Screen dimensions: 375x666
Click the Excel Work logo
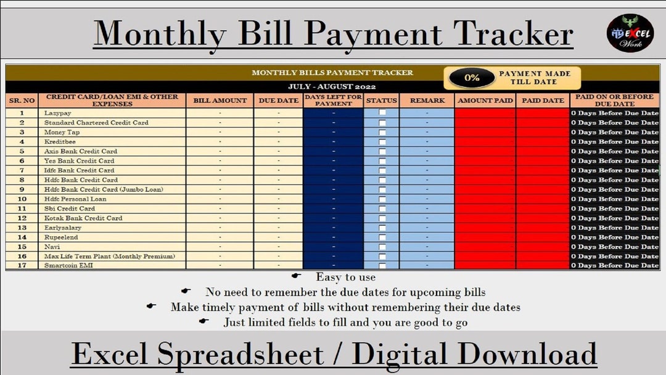[x=630, y=33]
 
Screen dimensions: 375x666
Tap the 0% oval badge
[x=472, y=78]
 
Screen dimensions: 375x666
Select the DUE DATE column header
[x=277, y=101]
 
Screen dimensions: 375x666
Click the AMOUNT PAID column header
[x=485, y=101]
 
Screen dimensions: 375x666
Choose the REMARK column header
[x=426, y=101]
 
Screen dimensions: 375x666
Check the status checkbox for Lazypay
[x=382, y=113]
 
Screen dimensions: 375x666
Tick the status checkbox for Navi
[x=382, y=247]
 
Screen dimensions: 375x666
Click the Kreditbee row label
[x=60, y=141]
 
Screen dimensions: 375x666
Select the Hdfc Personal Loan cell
[x=75, y=199]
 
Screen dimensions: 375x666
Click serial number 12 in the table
[x=22, y=218]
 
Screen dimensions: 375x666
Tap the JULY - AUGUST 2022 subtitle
[x=332, y=86]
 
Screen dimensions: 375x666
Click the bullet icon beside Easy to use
[x=296, y=277]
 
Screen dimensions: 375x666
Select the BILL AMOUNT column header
[x=220, y=101]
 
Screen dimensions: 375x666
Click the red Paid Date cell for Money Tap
[x=543, y=132]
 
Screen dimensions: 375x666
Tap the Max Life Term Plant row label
[x=110, y=256]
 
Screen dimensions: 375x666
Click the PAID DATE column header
[x=543, y=101]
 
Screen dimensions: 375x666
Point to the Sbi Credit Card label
[x=70, y=208]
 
